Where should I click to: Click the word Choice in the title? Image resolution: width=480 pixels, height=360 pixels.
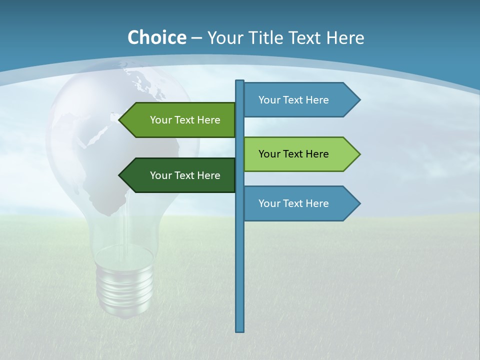click(156, 37)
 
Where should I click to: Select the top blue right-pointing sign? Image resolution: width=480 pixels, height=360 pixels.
click(300, 100)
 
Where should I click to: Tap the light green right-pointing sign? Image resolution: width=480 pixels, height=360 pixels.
click(300, 154)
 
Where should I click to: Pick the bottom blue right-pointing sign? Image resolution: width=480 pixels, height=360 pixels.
click(300, 203)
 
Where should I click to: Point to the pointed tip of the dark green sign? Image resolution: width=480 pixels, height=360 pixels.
click(120, 175)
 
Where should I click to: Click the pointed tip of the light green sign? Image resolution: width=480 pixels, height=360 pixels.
click(359, 154)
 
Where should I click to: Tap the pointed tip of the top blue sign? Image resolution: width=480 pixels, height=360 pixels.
click(359, 100)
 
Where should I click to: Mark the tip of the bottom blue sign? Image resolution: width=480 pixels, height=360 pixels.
click(359, 203)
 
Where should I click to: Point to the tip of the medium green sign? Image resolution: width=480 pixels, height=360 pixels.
click(120, 120)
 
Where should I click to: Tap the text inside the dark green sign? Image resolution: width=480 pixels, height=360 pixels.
click(185, 175)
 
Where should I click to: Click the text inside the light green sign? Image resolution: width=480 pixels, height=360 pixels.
click(293, 154)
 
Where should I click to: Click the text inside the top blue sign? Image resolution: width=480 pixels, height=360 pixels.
click(293, 100)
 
